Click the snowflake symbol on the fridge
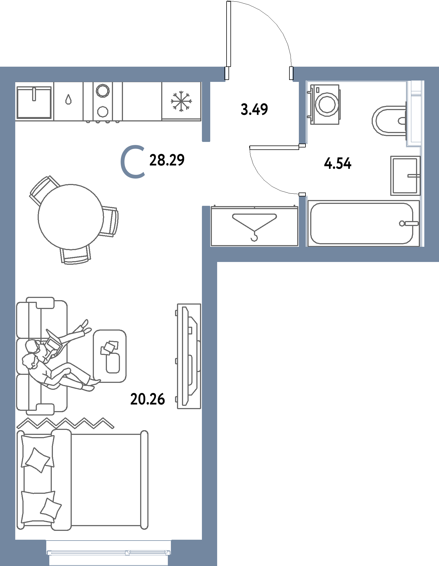click(181, 101)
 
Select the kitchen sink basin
click(34, 102)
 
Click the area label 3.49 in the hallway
click(254, 109)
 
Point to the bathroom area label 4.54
click(338, 163)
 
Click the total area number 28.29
click(167, 160)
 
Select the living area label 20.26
click(147, 399)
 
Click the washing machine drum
click(327, 105)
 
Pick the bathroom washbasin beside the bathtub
click(405, 176)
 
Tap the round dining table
click(71, 217)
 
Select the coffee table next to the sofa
click(110, 356)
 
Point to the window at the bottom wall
click(108, 553)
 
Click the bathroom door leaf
click(274, 147)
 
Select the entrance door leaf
click(229, 34)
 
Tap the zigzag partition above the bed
click(65, 423)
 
